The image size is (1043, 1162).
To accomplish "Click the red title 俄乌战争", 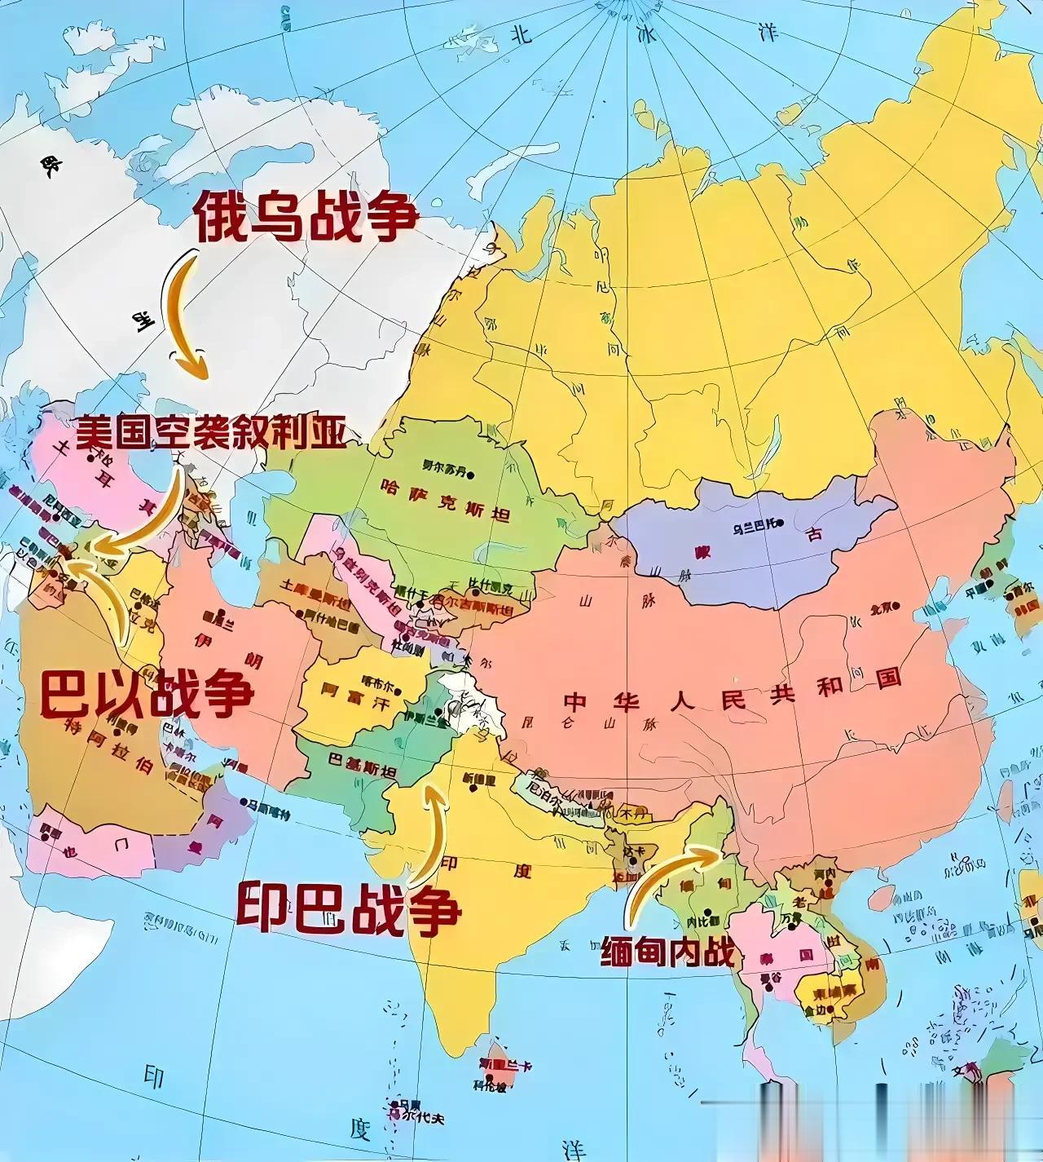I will coord(306,216).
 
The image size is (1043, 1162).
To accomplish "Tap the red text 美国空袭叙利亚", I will coord(211,433).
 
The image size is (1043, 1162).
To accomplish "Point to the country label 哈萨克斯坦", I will coord(444,499).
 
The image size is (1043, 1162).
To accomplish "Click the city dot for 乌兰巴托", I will coord(779,523).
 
